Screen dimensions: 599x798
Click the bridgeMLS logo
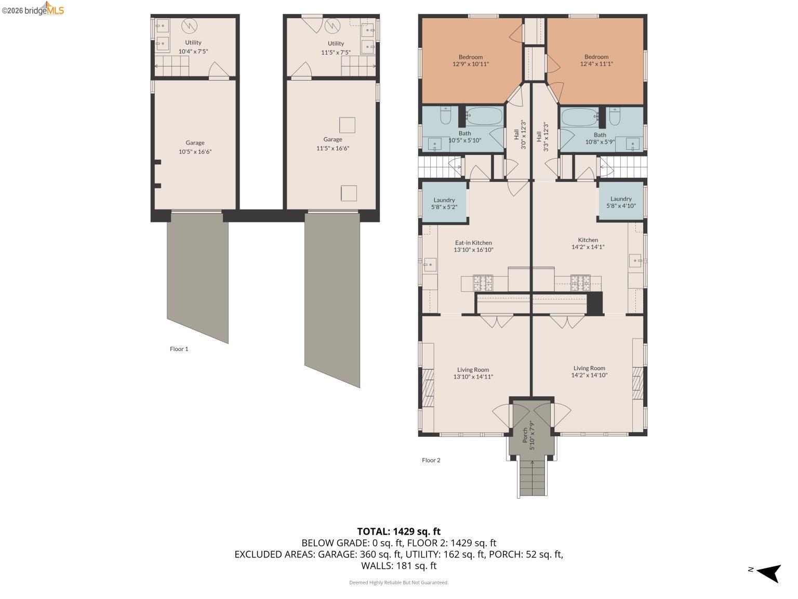click(33, 9)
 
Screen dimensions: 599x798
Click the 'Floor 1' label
click(179, 349)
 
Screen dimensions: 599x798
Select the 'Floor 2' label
click(431, 460)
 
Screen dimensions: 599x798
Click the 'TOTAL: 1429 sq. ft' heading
click(398, 531)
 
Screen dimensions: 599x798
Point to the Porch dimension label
click(528, 435)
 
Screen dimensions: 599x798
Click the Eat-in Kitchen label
click(473, 246)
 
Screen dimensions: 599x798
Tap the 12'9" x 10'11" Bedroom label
click(470, 60)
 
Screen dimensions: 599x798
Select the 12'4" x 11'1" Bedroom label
click(596, 60)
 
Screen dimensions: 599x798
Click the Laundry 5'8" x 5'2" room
click(444, 203)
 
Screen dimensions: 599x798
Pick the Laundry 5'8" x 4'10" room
click(621, 202)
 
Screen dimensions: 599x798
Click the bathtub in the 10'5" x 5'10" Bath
click(484, 116)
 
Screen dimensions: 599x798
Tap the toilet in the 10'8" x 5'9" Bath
click(615, 116)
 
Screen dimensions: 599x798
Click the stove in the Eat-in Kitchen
click(483, 283)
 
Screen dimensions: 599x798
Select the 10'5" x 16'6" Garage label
click(195, 147)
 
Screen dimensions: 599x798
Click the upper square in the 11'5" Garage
click(347, 125)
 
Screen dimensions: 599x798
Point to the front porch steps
click(532, 479)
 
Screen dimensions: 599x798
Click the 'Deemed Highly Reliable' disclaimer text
click(398, 583)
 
